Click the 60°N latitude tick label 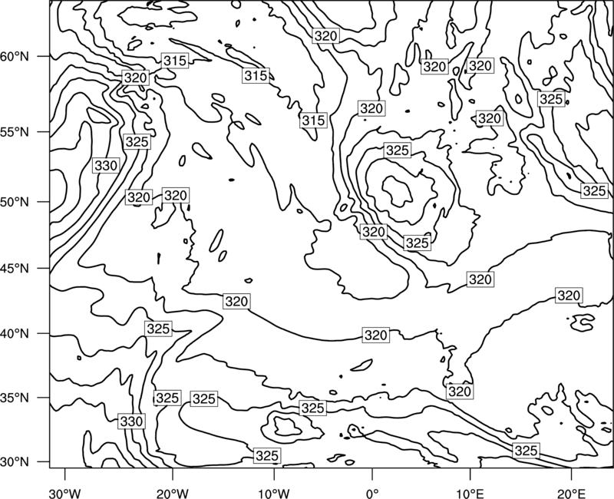[15, 56]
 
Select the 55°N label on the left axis [15, 132]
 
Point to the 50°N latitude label [15, 202]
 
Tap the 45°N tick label [15, 268]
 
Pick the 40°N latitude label [15, 334]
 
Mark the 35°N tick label [15, 398]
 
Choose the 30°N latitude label [15, 462]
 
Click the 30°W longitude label [64, 493]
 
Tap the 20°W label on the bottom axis [172, 493]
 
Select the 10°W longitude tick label [274, 493]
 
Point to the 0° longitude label [372, 493]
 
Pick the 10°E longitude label [470, 493]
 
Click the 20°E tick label [571, 493]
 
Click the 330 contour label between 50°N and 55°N [106, 166]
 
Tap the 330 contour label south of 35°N [131, 421]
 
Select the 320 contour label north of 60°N [325, 36]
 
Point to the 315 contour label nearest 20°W [175, 61]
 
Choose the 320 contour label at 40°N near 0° [375, 335]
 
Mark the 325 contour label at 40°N [158, 329]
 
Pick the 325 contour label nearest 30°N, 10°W [267, 455]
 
